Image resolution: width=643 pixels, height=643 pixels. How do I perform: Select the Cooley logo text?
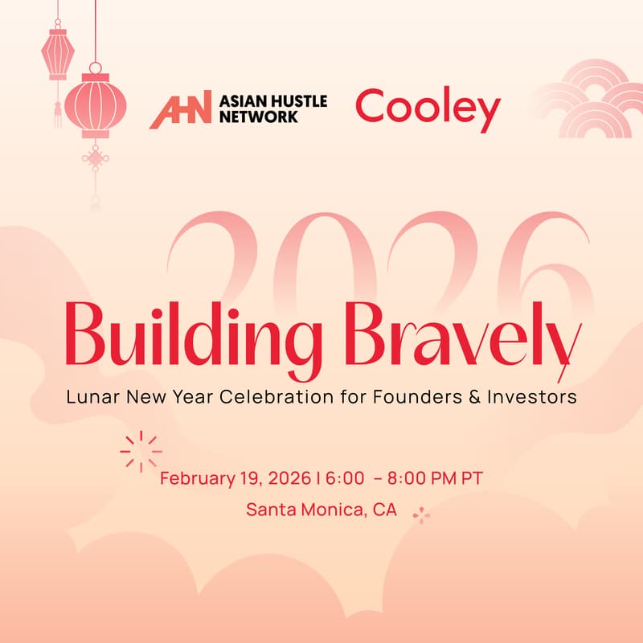click(427, 109)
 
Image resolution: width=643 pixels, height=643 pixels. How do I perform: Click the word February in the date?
click(194, 478)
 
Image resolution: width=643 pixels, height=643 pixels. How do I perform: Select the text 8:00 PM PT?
click(434, 478)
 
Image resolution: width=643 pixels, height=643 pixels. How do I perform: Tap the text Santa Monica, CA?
click(321, 510)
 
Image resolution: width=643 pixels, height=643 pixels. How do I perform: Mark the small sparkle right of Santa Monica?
click(421, 514)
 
